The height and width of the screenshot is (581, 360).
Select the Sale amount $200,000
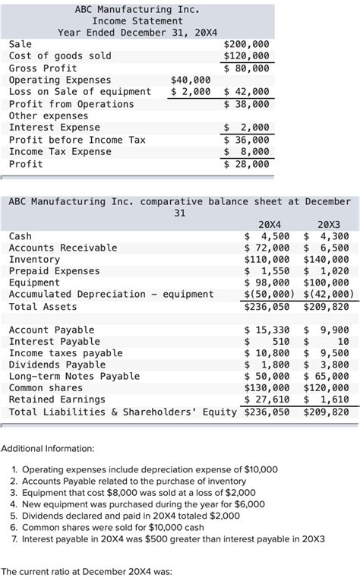247,44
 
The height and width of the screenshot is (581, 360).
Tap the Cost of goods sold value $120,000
247,56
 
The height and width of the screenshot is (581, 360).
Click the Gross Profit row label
43,68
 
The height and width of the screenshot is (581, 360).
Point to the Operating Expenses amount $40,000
191,80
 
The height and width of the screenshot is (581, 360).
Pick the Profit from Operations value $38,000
247,104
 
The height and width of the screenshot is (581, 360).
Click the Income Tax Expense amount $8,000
247,152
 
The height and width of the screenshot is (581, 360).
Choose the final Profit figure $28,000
247,164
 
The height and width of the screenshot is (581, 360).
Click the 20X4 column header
270,225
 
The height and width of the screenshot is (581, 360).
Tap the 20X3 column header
329,225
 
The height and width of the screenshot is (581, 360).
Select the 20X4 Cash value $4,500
267,236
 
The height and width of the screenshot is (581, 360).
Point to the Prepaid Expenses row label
54,271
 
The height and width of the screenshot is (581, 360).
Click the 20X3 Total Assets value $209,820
327,307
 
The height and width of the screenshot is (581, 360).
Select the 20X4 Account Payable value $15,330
267,330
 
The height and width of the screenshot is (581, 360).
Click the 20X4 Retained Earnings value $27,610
267,399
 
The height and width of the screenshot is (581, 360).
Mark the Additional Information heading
48,449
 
